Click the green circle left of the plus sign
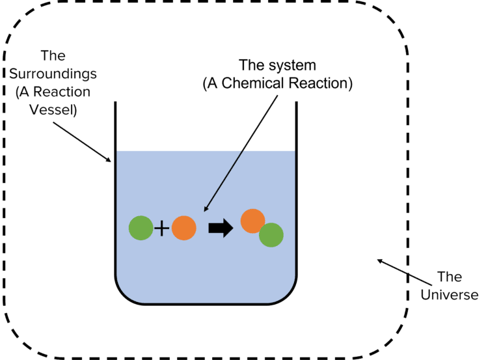coord(141,228)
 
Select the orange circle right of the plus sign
coord(184,228)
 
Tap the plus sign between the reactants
coord(162,228)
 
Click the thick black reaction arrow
coord(221,228)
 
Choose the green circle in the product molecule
coord(271,235)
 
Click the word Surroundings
coord(53,74)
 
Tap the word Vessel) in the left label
coord(53,110)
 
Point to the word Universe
coord(450,295)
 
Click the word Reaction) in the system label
coord(320,83)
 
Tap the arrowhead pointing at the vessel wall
coord(107,159)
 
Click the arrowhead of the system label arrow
coord(206,208)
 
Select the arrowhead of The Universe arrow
coord(381,261)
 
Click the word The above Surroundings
coord(53,56)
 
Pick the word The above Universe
coord(450,277)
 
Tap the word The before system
coord(252,65)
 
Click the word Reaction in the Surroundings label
coord(62,92)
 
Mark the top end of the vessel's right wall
coord(297,102)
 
